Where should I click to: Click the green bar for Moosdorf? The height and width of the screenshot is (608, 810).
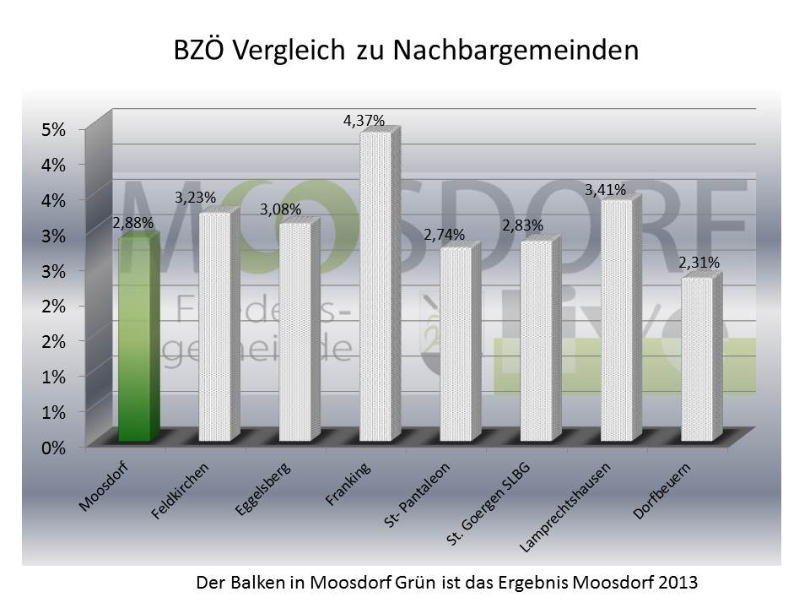point(138,338)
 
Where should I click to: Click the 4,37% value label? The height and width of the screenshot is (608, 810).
point(364,122)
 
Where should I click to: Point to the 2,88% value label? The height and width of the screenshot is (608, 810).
point(132,224)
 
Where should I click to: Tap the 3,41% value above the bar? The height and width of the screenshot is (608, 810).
point(606,191)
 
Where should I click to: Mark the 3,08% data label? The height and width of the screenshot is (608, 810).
point(281,209)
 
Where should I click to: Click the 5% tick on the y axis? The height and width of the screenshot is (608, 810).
point(53,129)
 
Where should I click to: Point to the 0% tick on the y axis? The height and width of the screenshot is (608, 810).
point(53,448)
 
